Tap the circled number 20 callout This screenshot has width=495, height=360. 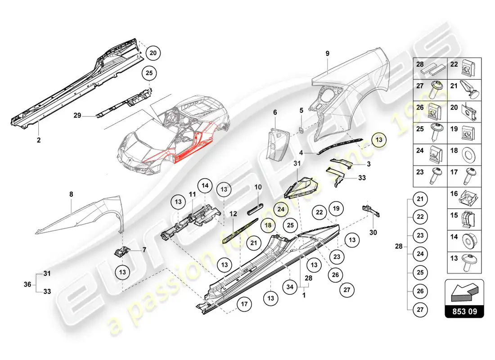pyautogui.click(x=153, y=53)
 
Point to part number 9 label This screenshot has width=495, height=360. pyautogui.click(x=328, y=54)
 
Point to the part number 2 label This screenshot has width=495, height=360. pyautogui.click(x=39, y=140)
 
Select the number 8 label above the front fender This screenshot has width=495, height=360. pyautogui.click(x=71, y=194)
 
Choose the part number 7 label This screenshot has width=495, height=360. pyautogui.click(x=144, y=250)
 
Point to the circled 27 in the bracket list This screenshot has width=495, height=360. pyautogui.click(x=420, y=309)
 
